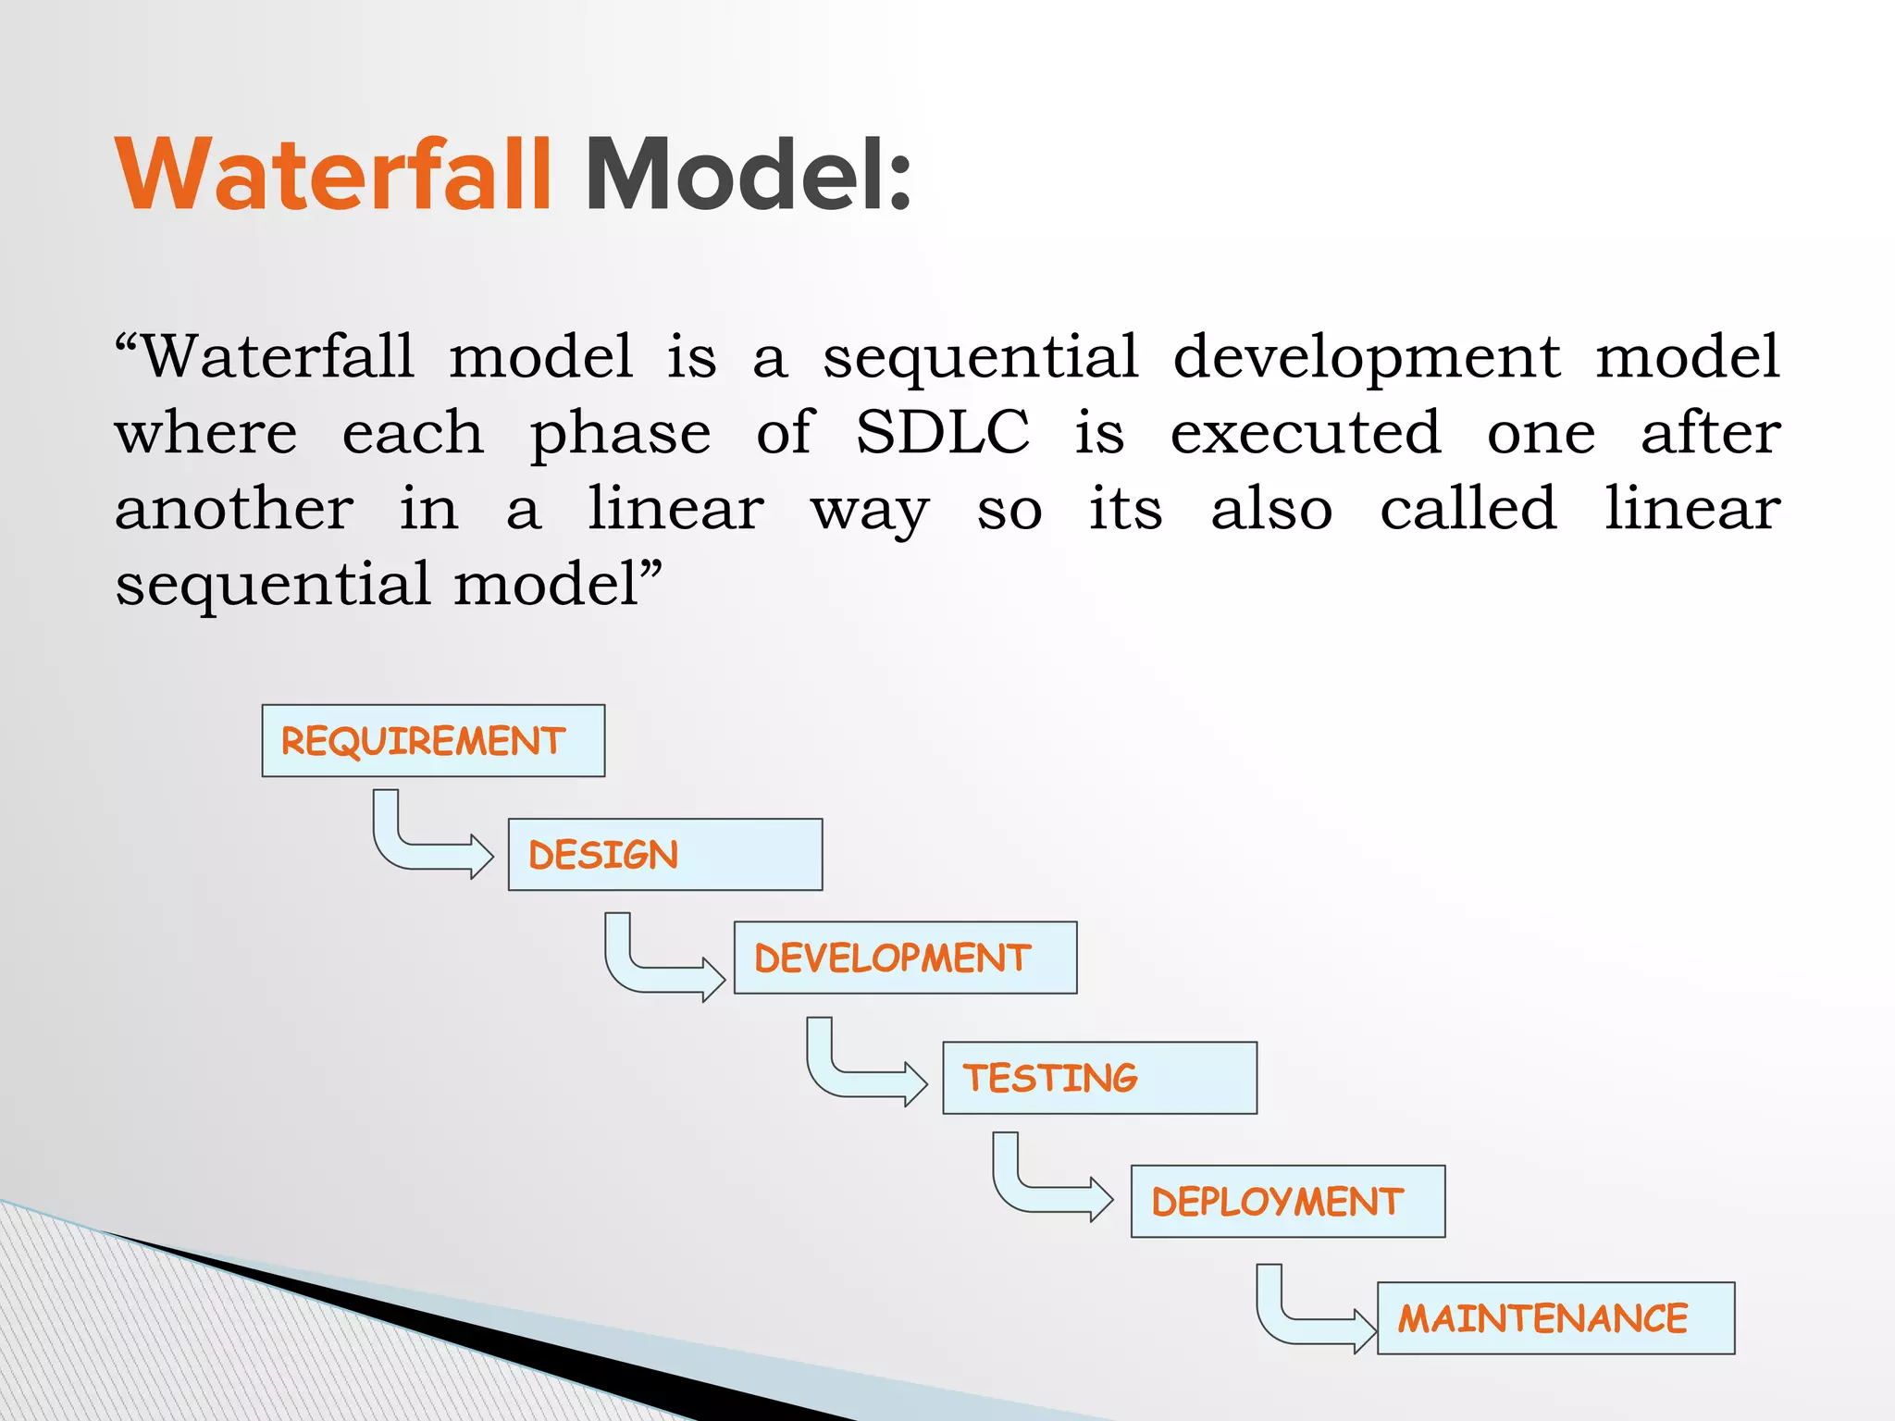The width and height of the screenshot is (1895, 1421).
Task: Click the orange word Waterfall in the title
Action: tap(333, 176)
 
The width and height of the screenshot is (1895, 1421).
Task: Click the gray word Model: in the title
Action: tap(748, 176)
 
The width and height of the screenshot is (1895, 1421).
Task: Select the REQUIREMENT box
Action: tap(433, 741)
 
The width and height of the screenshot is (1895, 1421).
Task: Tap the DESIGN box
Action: tap(664, 855)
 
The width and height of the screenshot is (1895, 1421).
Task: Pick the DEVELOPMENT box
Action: tap(905, 958)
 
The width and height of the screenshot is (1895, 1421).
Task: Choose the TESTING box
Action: tap(1099, 1078)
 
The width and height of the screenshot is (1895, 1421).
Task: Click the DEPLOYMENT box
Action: tap(1287, 1202)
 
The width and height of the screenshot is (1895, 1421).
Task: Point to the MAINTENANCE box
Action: tap(1555, 1318)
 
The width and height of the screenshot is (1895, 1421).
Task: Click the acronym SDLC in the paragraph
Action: tap(942, 433)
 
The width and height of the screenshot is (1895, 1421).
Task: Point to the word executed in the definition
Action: tap(1305, 433)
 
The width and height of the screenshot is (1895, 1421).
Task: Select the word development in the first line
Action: tap(1366, 357)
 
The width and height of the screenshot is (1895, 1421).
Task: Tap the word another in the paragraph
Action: tap(234, 509)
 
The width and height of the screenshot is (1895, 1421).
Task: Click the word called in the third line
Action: tap(1468, 509)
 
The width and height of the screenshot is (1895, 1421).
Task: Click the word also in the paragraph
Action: tap(1271, 509)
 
